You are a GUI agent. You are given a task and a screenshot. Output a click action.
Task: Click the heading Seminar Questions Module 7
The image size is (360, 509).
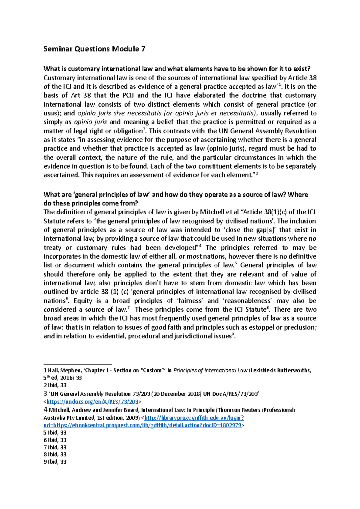pos(94,49)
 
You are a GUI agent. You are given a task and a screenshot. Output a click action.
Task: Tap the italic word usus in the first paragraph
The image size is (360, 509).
pos(50,113)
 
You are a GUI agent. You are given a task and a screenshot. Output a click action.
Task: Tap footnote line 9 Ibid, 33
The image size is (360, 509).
pos(55,462)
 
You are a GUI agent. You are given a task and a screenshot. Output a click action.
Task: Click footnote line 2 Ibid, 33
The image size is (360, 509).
pos(55,385)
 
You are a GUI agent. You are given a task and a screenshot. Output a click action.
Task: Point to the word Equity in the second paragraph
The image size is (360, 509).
pos(83,301)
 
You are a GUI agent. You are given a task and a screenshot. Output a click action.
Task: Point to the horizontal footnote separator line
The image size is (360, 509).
pos(78,363)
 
